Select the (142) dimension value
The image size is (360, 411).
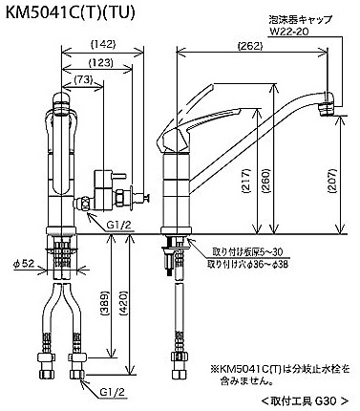click(x=102, y=44)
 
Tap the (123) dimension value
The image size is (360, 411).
click(x=101, y=62)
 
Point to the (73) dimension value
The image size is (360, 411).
click(x=83, y=79)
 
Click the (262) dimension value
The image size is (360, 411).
click(x=250, y=47)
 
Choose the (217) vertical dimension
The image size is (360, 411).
click(x=247, y=182)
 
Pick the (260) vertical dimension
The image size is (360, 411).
click(x=266, y=182)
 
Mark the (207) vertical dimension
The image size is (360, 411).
click(x=332, y=181)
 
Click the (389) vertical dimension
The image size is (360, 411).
click(x=106, y=303)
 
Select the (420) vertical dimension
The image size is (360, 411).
click(x=124, y=303)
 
